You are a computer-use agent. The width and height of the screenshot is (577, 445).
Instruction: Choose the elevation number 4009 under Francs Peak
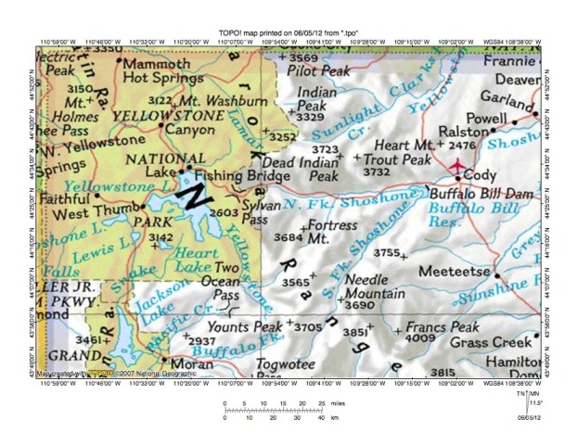point(421,338)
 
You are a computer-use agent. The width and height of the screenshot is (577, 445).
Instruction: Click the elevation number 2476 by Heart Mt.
point(461,146)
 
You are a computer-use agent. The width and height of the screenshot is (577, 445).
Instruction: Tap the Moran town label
point(187,364)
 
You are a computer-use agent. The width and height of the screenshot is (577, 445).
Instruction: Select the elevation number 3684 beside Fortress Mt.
point(289,238)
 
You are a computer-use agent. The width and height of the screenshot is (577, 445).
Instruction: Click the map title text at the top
point(288,30)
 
